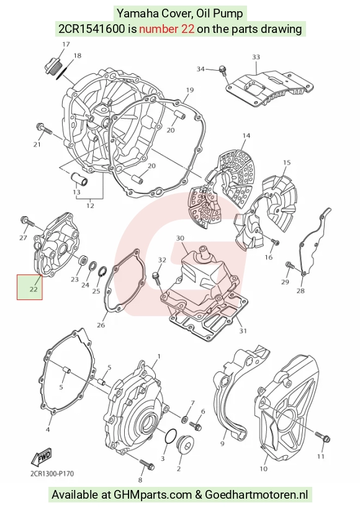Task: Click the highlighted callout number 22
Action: pos(34,289)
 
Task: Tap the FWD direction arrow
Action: pos(41,458)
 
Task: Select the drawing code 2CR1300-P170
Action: pos(52,474)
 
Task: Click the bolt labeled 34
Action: pos(223,71)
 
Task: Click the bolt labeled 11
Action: pos(323,437)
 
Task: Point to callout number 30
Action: pos(180,238)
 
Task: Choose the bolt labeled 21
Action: pos(44,129)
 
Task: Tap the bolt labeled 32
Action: pos(156,278)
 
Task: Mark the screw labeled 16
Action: pos(275,242)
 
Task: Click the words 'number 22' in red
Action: pos(167,29)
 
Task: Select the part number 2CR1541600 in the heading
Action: pos(91,29)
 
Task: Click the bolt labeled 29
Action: pos(290,266)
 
